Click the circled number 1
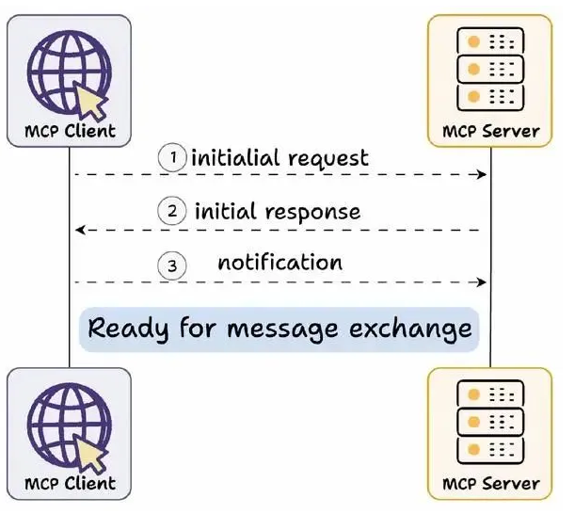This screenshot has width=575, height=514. (172, 157)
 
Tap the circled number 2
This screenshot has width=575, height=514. (172, 211)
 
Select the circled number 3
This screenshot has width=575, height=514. (172, 265)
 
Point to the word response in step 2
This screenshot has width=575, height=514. (312, 213)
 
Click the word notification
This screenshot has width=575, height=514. (280, 262)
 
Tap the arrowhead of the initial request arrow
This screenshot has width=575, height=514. (482, 174)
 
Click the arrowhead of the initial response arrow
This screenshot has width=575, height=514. (80, 230)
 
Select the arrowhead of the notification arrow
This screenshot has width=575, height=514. (482, 282)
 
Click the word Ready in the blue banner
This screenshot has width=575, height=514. (128, 329)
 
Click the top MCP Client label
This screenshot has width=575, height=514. (70, 131)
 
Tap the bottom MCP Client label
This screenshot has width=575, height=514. (70, 483)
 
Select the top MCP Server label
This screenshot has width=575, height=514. (490, 132)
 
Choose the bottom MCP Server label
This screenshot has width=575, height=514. (490, 484)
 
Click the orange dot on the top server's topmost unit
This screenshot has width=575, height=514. (473, 41)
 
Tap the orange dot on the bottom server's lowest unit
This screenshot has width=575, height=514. (473, 449)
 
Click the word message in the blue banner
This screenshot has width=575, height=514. (282, 329)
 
